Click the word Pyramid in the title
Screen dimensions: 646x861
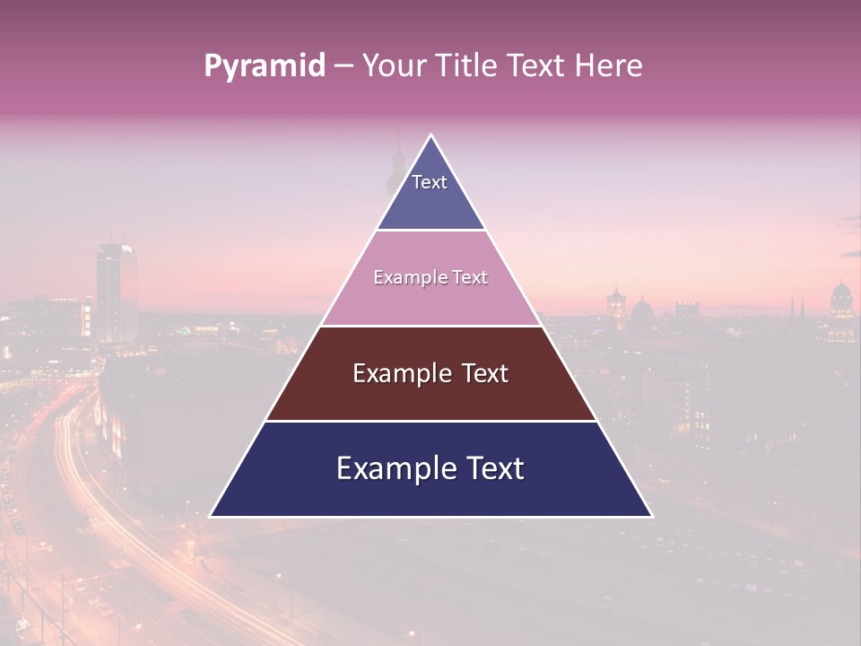point(264,66)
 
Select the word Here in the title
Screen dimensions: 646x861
point(609,65)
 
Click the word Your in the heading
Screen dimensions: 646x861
point(393,65)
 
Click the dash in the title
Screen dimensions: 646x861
point(344,66)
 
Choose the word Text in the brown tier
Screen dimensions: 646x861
point(484,373)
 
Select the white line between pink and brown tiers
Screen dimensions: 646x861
point(430,326)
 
